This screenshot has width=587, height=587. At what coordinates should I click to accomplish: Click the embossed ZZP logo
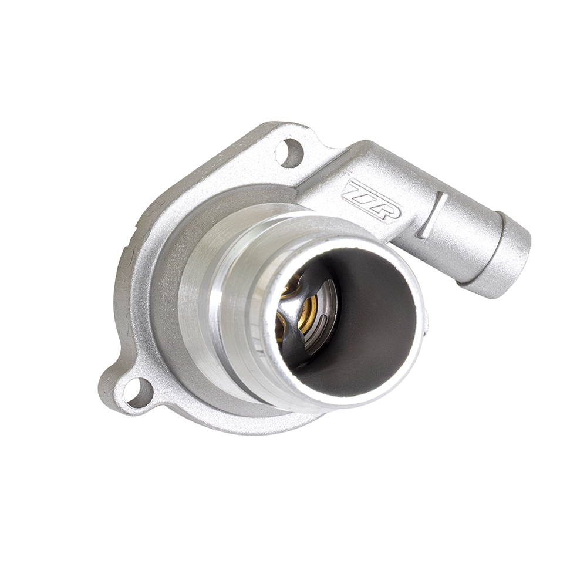tap(371, 200)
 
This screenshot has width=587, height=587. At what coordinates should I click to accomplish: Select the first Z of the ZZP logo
tap(354, 191)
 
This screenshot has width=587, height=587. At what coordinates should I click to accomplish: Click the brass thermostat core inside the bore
tap(305, 311)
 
